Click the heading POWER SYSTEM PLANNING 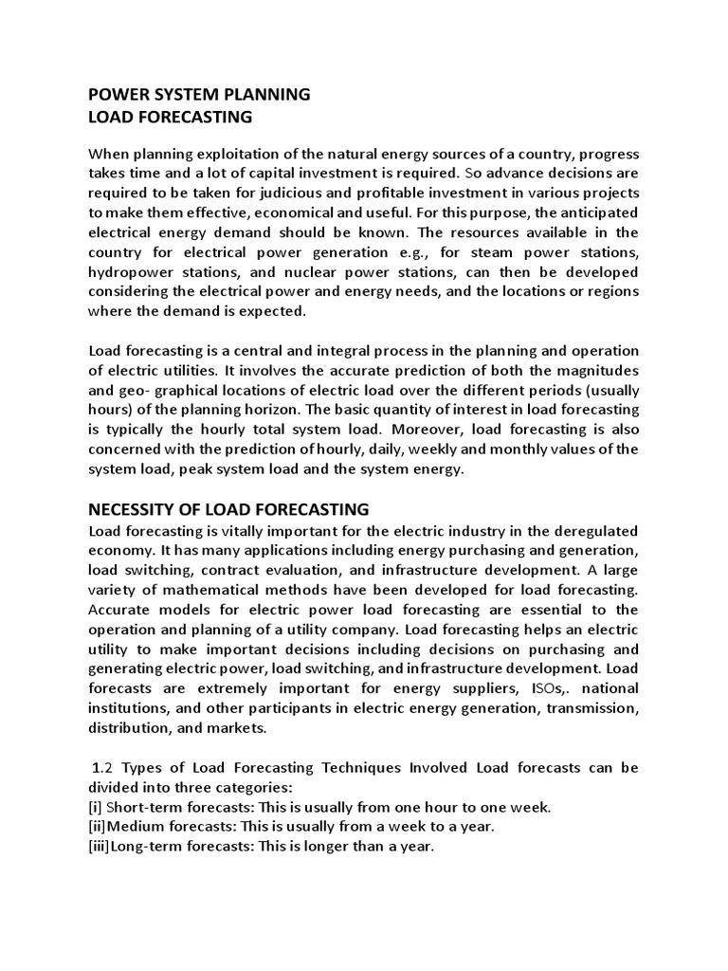(x=198, y=94)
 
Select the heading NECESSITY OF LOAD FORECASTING (x=227, y=509)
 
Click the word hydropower (x=129, y=272)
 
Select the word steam (x=501, y=252)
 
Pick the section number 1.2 (x=104, y=767)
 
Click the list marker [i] (x=95, y=807)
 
